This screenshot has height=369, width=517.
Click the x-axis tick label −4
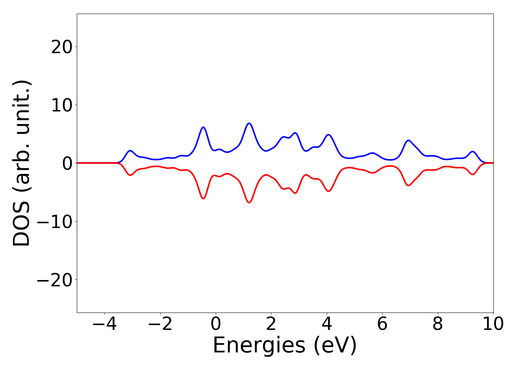(x=105, y=324)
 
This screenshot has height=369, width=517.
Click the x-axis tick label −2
(x=160, y=324)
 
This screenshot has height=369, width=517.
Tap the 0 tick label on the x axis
(x=216, y=324)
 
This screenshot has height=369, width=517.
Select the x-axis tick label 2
(x=271, y=324)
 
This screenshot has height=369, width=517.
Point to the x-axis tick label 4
(x=327, y=324)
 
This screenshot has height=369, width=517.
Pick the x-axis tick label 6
(x=382, y=324)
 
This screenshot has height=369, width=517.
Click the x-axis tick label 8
(x=438, y=324)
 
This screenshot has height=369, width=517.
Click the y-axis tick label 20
(x=61, y=47)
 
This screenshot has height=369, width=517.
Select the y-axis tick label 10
(x=61, y=105)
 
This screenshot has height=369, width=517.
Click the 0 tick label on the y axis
(x=66, y=163)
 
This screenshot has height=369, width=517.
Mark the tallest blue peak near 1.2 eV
(x=249, y=123)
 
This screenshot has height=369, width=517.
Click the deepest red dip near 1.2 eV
(x=249, y=203)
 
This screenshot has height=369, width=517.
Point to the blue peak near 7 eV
(x=408, y=141)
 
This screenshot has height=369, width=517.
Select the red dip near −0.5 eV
(x=203, y=199)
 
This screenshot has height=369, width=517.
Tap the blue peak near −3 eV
(x=130, y=151)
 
